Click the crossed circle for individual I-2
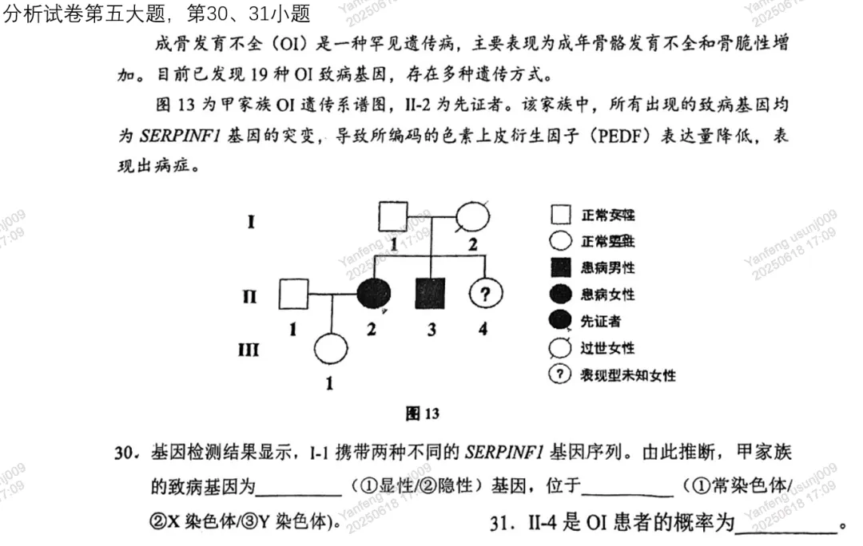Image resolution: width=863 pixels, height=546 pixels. coord(471,216)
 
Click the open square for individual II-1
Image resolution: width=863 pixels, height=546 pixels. coord(293,295)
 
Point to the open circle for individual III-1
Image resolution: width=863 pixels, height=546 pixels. coord(329,349)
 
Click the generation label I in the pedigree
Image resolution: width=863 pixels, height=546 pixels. coord(251,220)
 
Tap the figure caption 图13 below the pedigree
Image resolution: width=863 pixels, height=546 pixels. coord(423,413)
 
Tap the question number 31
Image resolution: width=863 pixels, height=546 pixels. coord(501,523)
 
